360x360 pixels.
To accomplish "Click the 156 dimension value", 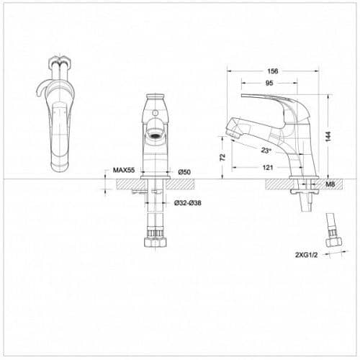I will [x=273, y=71].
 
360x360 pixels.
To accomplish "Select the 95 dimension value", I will [x=269, y=84].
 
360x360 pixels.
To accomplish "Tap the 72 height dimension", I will [x=223, y=156].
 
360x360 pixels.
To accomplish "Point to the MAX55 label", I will [x=124, y=171].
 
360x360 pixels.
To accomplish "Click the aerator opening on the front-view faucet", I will [x=156, y=134].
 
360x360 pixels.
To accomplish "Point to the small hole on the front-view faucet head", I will [x=156, y=111].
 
